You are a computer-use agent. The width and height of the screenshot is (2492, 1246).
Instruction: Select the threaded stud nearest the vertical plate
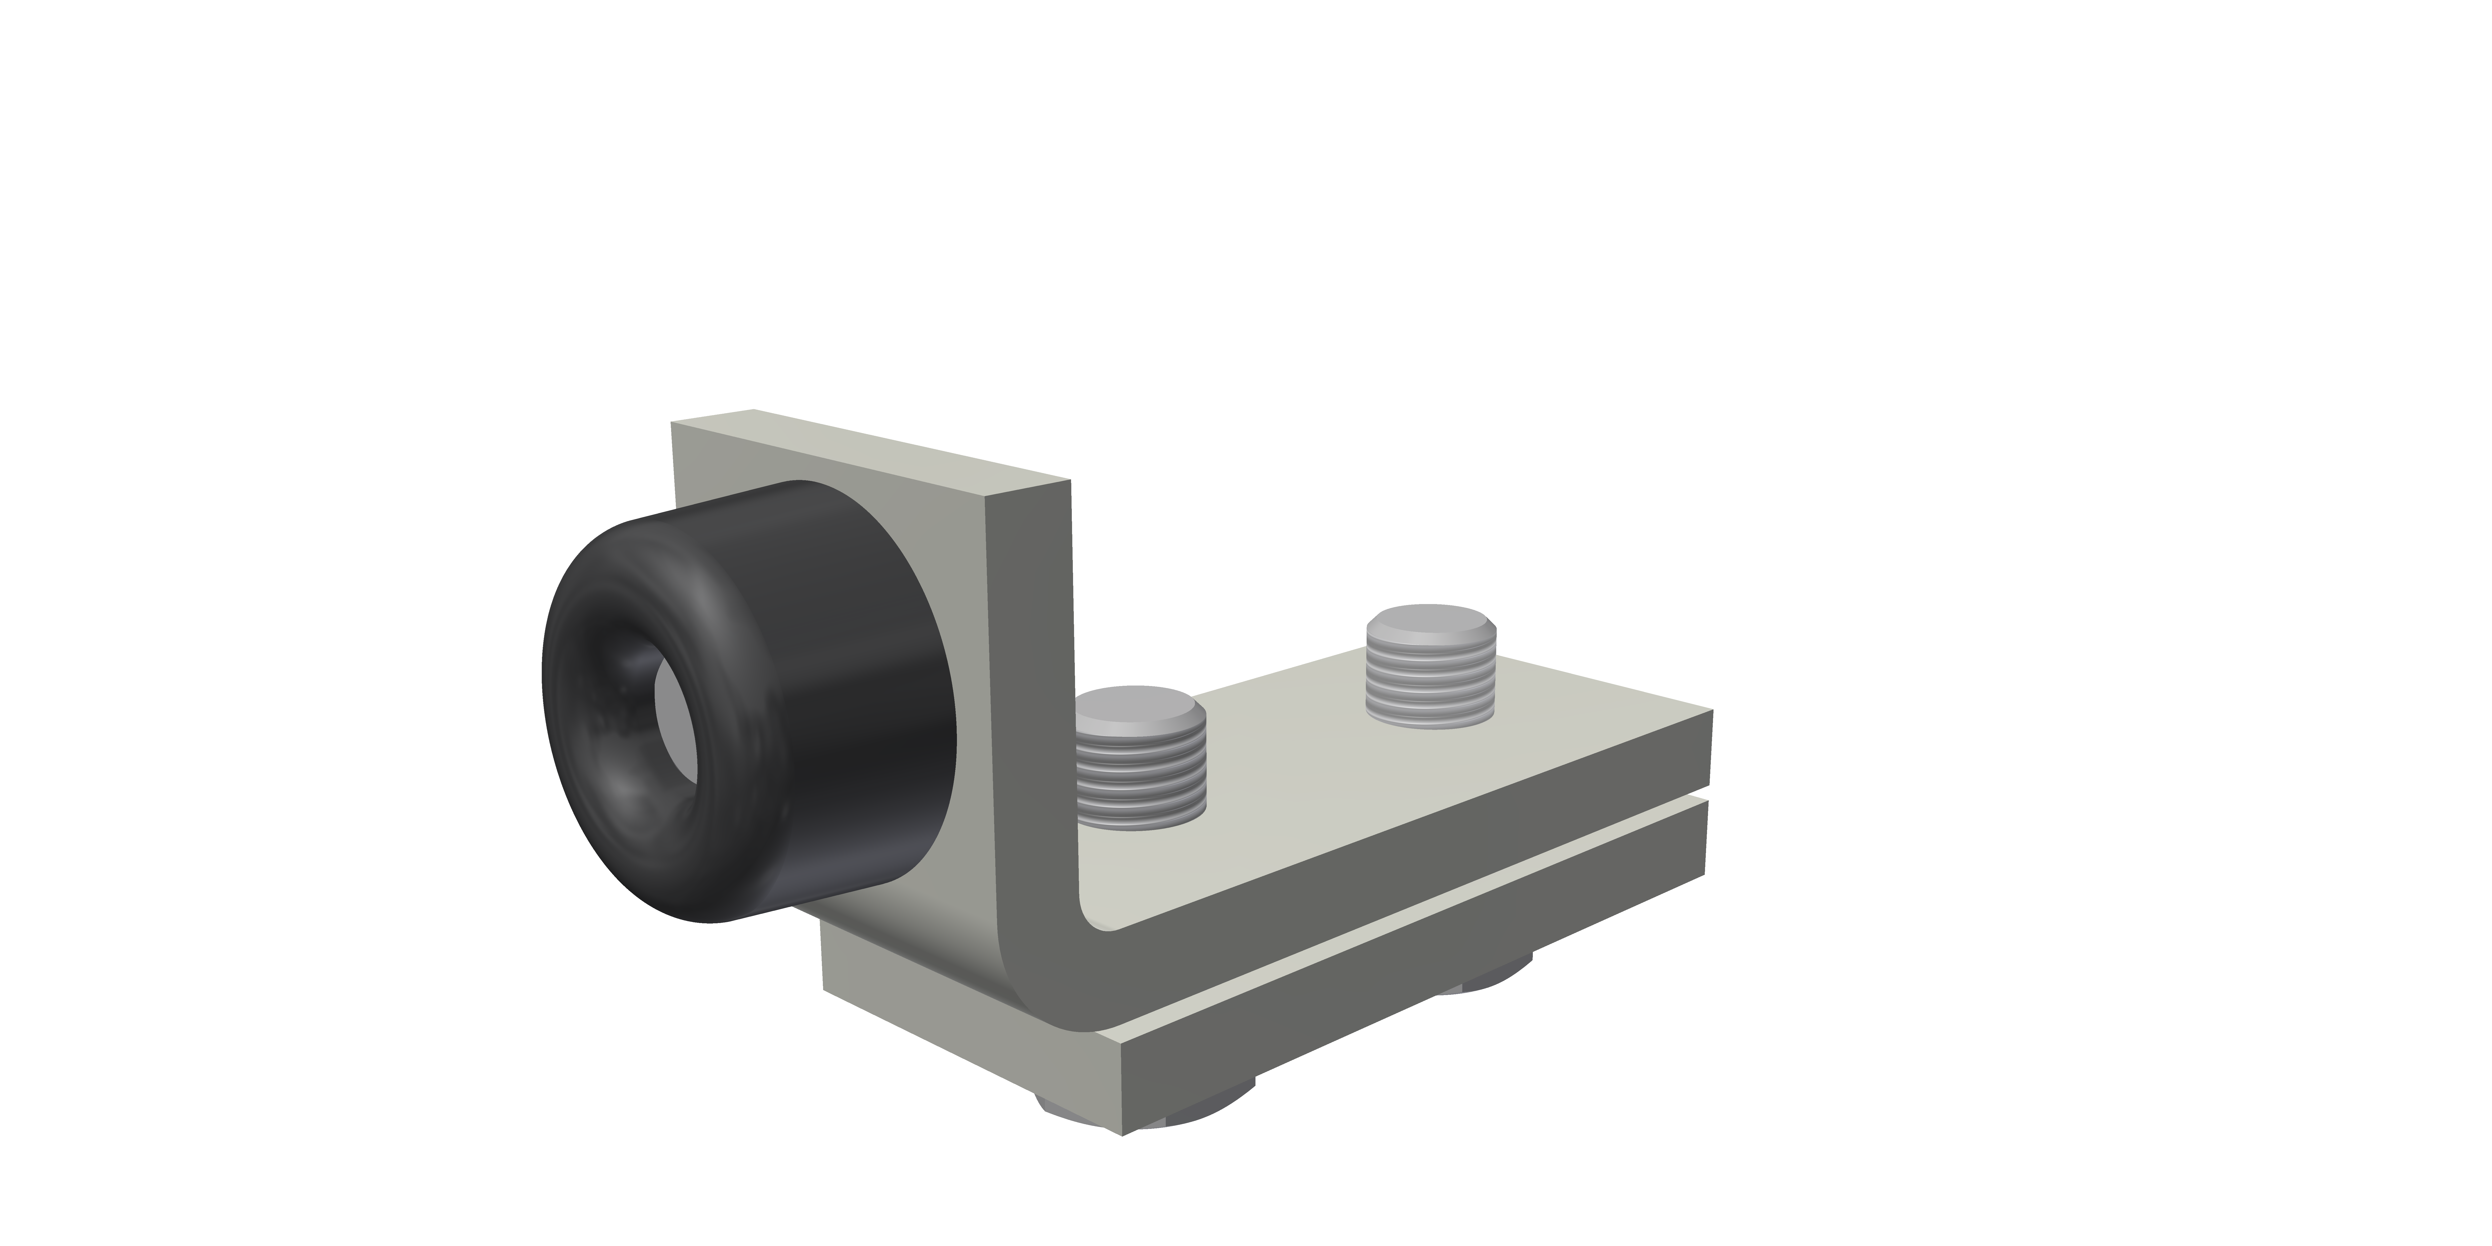pos(1142,764)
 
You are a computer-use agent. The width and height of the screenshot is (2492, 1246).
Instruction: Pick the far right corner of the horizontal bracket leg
pos(1712,714)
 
